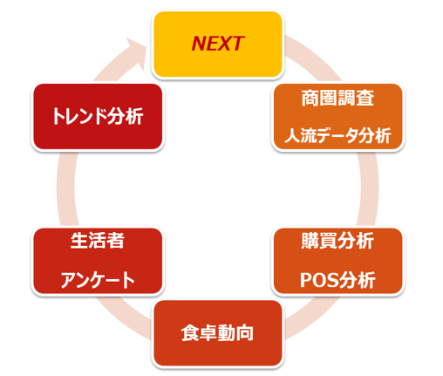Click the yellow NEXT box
pos(218,44)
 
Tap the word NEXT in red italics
pos(218,44)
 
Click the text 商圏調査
pos(337,99)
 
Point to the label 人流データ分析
pos(337,136)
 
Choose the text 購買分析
pos(337,241)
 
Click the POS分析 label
pos(337,280)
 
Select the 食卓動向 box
pos(218,333)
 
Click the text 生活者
pos(98,241)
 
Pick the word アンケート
pos(98,280)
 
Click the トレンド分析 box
pos(98,116)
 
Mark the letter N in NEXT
pos(200,44)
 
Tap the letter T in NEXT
pos(237,44)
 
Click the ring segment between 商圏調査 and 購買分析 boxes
pos(369,188)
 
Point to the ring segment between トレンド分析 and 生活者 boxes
pos(66,188)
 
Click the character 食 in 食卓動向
pos(190,333)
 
